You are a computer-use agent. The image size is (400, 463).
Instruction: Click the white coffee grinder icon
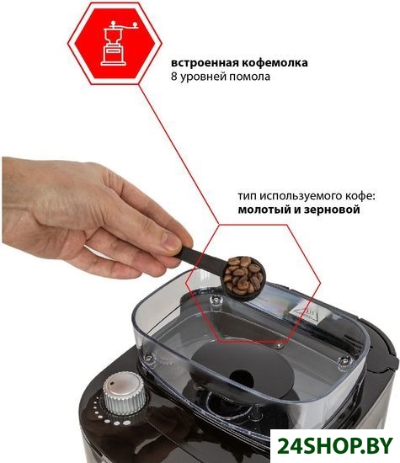click(x=117, y=43)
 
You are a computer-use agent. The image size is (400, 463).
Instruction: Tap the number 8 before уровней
click(x=173, y=77)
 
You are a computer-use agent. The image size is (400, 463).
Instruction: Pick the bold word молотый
click(x=259, y=210)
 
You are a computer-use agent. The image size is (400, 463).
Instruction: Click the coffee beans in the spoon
click(x=243, y=274)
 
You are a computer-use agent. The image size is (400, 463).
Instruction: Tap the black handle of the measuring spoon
click(x=201, y=258)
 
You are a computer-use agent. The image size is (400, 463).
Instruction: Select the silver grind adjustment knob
click(x=124, y=393)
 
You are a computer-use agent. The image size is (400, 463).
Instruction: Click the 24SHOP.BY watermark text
click(x=335, y=445)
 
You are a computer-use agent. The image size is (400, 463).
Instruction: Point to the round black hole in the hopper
click(x=242, y=379)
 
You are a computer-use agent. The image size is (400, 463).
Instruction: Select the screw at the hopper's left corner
click(x=148, y=358)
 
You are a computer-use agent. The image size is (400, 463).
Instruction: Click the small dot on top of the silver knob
click(x=112, y=383)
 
